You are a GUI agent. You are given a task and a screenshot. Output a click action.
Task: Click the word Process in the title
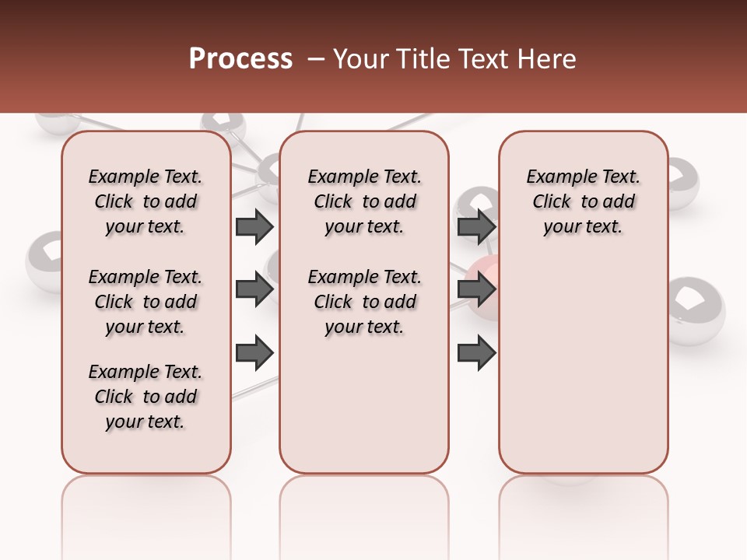pyautogui.click(x=240, y=59)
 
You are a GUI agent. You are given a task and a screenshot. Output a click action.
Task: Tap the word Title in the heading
pyautogui.click(x=421, y=59)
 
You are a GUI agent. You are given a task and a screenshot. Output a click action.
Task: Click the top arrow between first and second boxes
pyautogui.click(x=254, y=227)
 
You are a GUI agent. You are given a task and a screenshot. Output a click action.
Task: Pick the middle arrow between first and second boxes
pyautogui.click(x=254, y=289)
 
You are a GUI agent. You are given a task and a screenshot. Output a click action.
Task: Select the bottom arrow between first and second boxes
pyautogui.click(x=254, y=352)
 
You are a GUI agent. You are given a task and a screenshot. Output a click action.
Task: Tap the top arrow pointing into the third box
pyautogui.click(x=476, y=227)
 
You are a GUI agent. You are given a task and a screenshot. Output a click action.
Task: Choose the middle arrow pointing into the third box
pyautogui.click(x=476, y=289)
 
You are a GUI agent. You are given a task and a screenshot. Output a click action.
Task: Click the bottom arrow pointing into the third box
pyautogui.click(x=476, y=352)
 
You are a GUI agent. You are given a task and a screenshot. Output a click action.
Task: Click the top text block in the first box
pyautogui.click(x=146, y=201)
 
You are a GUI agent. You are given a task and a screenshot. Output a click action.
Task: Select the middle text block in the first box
pyautogui.click(x=146, y=302)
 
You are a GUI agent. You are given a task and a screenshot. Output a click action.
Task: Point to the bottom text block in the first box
pyautogui.click(x=146, y=397)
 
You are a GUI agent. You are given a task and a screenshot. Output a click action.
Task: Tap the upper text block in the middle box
pyautogui.click(x=365, y=201)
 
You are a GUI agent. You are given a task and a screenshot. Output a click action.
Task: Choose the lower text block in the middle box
pyautogui.click(x=365, y=302)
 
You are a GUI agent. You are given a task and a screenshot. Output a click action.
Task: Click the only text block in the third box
pyautogui.click(x=584, y=201)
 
